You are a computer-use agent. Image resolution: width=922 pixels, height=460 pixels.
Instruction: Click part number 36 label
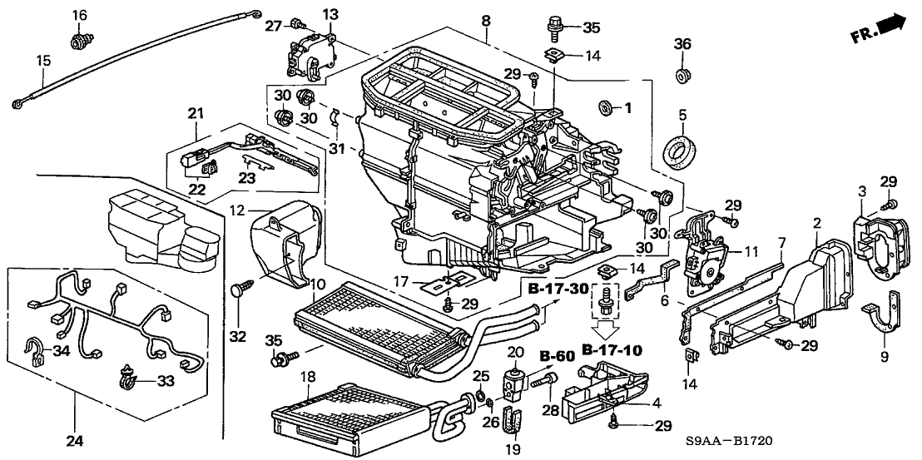click(x=682, y=44)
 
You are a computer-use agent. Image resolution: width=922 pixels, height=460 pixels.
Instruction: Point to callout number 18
click(x=307, y=377)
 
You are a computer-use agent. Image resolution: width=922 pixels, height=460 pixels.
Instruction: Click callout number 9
click(x=884, y=359)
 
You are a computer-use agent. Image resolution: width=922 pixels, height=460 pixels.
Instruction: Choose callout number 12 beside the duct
click(x=237, y=210)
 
